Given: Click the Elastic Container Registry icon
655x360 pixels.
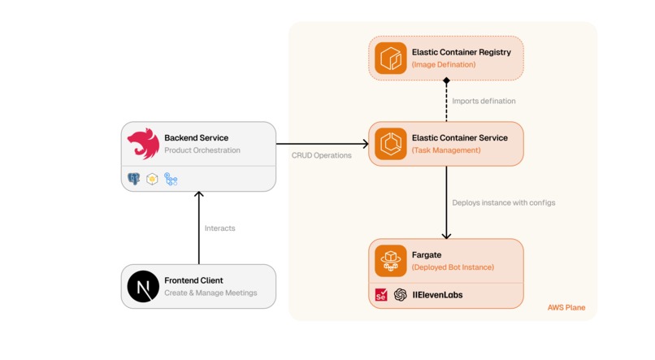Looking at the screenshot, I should (391, 58).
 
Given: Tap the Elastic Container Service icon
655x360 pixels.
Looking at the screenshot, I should (391, 144).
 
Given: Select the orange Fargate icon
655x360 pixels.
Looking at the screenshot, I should (391, 261).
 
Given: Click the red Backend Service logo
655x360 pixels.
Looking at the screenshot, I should (143, 144).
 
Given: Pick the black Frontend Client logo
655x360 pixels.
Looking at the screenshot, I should (143, 287).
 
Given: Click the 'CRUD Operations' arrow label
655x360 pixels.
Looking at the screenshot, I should (322, 155).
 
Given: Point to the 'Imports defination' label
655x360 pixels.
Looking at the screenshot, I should (484, 101).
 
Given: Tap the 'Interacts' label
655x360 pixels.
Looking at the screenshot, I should (220, 228).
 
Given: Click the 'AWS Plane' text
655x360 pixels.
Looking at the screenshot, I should (566, 308).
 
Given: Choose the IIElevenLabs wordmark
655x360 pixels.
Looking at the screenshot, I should (438, 295).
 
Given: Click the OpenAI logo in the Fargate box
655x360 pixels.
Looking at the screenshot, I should (401, 295).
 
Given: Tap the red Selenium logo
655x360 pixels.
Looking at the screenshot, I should (381, 295).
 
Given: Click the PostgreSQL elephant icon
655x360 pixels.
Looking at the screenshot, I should (134, 179).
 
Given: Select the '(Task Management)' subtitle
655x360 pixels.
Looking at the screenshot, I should (446, 150).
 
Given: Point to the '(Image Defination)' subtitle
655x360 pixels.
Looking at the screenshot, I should (444, 64).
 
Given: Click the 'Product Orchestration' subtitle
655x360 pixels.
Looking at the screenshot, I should (202, 150).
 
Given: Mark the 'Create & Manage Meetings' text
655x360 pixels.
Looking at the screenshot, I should (210, 293).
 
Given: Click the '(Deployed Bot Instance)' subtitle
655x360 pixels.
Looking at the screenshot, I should (453, 267).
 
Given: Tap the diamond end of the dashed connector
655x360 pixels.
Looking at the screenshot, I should (446, 80).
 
